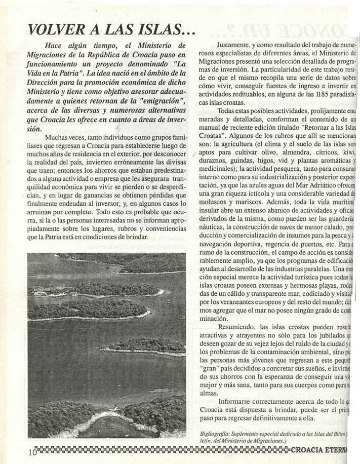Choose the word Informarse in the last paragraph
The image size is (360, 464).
click(239, 402)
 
